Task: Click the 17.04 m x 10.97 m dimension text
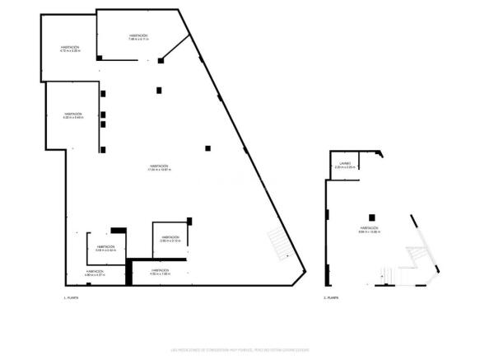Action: point(159,170)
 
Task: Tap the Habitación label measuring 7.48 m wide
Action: point(138,38)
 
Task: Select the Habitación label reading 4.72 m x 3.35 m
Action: point(69,49)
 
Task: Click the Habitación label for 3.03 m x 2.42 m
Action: point(105,249)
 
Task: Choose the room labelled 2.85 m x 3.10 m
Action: point(170,239)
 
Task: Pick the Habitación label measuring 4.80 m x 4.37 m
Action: point(96,273)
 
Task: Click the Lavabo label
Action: point(345,166)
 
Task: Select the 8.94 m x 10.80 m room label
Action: point(368,230)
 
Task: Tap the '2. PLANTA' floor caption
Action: point(331,297)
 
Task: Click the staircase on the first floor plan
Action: point(279,244)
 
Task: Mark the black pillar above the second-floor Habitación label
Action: point(371,217)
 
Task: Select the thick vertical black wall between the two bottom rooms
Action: point(128,273)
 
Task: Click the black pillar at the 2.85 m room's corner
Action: point(189,220)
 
